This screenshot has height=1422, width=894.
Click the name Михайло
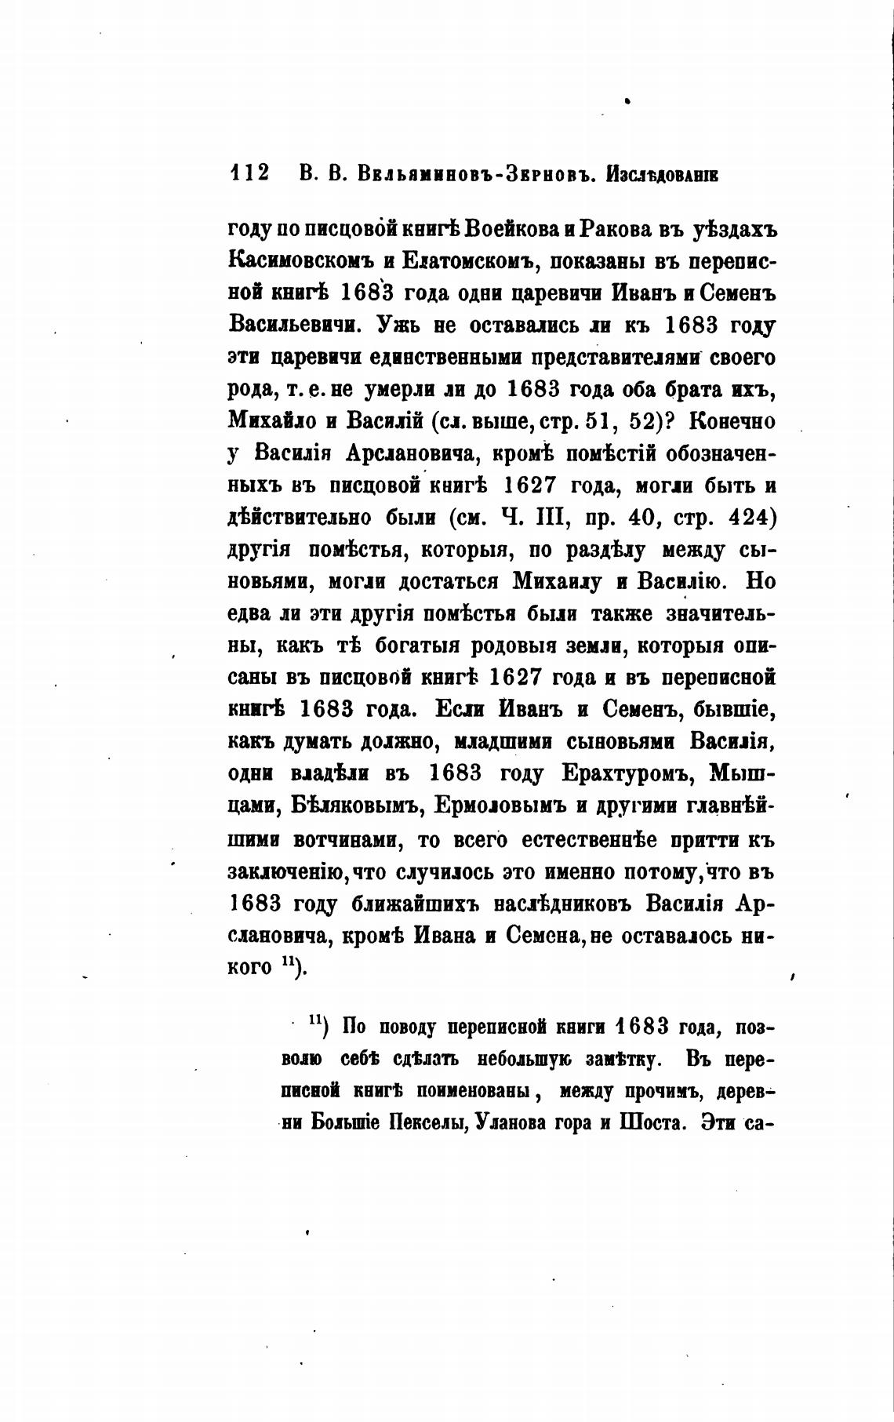pyautogui.click(x=271, y=421)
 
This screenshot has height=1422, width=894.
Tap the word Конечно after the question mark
pyautogui.click(x=732, y=421)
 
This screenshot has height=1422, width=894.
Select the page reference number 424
pyautogui.click(x=753, y=518)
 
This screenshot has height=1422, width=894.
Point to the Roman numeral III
pyautogui.click(x=543, y=518)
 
